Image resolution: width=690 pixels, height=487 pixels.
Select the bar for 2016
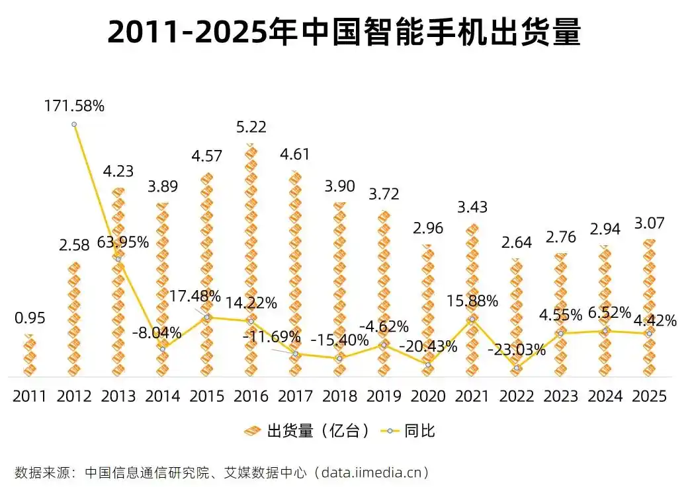(x=251, y=264)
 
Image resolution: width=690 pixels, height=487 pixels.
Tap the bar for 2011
(x=30, y=357)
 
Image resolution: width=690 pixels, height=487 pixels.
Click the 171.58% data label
(x=74, y=106)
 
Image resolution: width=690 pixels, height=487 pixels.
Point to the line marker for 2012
(x=74, y=124)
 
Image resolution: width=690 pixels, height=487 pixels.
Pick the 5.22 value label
(x=251, y=127)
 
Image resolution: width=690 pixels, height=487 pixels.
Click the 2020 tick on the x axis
(x=428, y=396)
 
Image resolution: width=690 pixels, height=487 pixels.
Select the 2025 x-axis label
(x=649, y=396)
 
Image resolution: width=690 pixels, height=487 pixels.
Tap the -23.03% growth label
(x=517, y=350)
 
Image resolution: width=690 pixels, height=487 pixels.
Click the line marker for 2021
(x=472, y=319)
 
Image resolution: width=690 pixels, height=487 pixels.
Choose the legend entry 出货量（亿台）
(x=307, y=431)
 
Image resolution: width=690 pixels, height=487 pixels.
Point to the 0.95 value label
(x=30, y=318)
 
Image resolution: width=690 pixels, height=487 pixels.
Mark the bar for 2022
(x=517, y=317)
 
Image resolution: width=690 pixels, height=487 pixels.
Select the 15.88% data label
(x=472, y=301)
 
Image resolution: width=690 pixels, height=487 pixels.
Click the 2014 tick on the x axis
(x=163, y=396)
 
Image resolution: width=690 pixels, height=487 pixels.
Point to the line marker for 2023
(x=560, y=333)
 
